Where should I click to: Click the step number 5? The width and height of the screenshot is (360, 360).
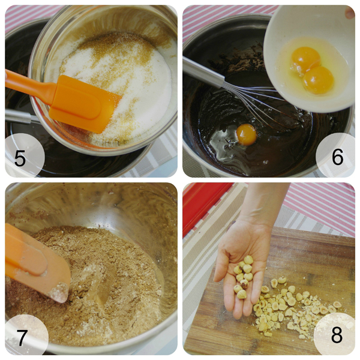(20, 158)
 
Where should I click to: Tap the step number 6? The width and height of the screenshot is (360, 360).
(337, 157)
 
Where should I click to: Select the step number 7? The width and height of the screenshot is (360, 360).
(22, 338)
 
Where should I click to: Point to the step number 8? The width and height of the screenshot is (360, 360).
(337, 335)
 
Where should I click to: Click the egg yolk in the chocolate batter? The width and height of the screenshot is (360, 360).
(246, 134)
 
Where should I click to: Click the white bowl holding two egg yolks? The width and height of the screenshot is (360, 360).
(309, 59)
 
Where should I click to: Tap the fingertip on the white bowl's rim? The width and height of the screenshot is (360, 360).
(350, 13)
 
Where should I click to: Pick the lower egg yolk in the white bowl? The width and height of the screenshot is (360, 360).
(318, 80)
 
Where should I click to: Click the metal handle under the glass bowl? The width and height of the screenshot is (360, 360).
(19, 116)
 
